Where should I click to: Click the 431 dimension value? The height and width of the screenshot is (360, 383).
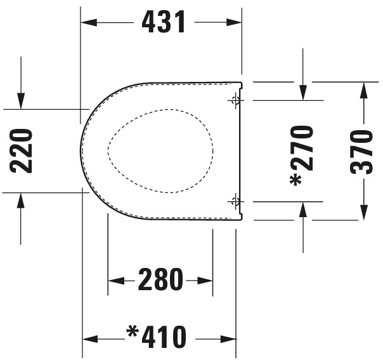coord(164,23)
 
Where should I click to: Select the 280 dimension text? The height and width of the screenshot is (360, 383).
coord(160,280)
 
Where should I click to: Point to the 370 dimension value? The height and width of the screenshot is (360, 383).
coord(363,151)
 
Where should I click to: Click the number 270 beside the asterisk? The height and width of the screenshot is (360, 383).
coord(303,147)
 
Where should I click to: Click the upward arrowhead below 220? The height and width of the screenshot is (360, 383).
coord(21,201)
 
